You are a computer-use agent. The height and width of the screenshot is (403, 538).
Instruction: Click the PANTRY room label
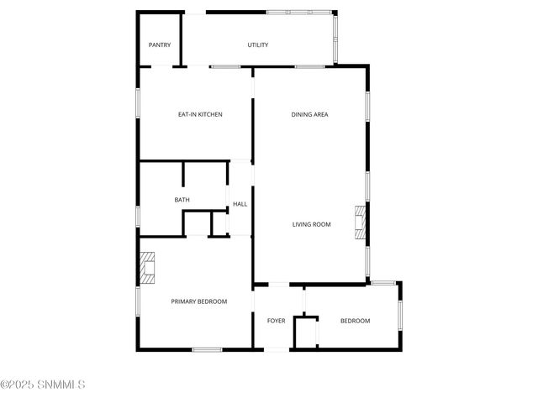[160, 45]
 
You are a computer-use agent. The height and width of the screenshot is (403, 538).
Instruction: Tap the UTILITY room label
[258, 45]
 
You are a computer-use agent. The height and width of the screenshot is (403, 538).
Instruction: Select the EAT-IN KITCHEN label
[200, 114]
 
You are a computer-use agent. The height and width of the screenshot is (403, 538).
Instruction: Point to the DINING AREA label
[309, 114]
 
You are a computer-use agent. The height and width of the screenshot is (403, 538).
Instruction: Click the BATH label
[182, 200]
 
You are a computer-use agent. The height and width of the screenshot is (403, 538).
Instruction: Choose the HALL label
[240, 204]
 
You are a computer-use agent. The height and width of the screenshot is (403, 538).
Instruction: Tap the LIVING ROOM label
[311, 224]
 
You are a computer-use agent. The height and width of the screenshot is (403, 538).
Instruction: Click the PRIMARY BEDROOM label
[199, 301]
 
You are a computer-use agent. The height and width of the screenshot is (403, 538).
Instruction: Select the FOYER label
[277, 321]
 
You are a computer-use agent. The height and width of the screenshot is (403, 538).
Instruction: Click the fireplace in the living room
[361, 224]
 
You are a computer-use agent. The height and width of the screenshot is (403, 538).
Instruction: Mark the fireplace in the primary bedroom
[147, 269]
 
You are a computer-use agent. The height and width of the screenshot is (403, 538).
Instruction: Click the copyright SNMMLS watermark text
[43, 385]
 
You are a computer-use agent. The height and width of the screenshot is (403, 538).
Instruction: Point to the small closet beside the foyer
[304, 332]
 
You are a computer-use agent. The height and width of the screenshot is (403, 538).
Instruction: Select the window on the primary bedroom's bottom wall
[207, 349]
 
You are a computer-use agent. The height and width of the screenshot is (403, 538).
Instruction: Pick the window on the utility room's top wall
[298, 12]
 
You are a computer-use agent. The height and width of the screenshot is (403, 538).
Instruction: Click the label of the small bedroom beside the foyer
[355, 321]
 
